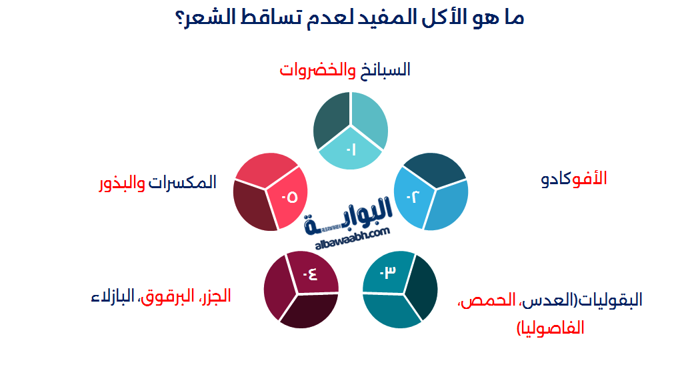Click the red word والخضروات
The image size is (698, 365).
[318, 69]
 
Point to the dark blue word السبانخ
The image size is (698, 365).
[386, 69]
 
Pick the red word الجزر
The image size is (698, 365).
[217, 296]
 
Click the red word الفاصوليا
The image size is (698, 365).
[551, 328]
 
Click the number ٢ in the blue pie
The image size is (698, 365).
[414, 196]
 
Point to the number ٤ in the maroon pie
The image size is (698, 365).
[311, 273]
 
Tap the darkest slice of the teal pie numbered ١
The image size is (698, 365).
[331, 121]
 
